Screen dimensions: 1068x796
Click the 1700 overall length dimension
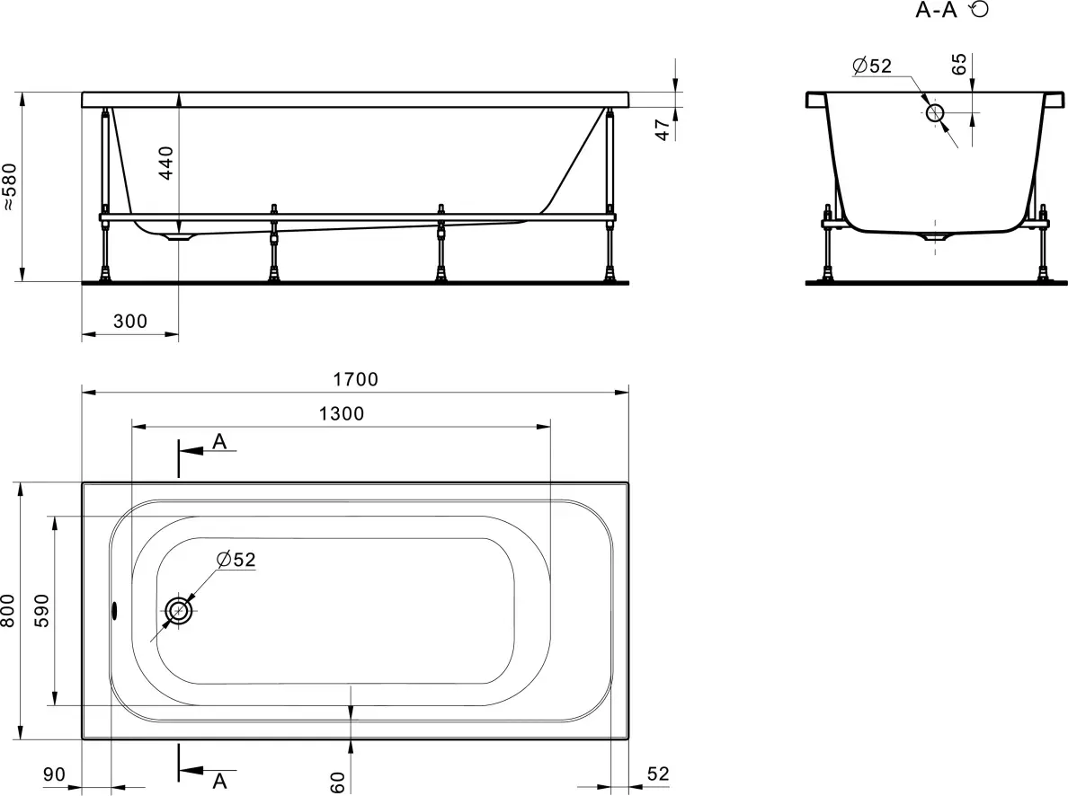point(355,378)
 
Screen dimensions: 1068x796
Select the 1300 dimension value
point(342,413)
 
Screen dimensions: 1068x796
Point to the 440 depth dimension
point(166,163)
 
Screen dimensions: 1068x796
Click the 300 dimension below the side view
point(129,321)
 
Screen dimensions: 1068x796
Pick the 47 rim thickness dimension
point(663,129)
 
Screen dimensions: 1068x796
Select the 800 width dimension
point(8,611)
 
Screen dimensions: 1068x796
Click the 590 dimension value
point(41,610)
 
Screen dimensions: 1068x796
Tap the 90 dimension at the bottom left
point(54,774)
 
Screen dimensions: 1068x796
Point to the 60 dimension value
point(338,782)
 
